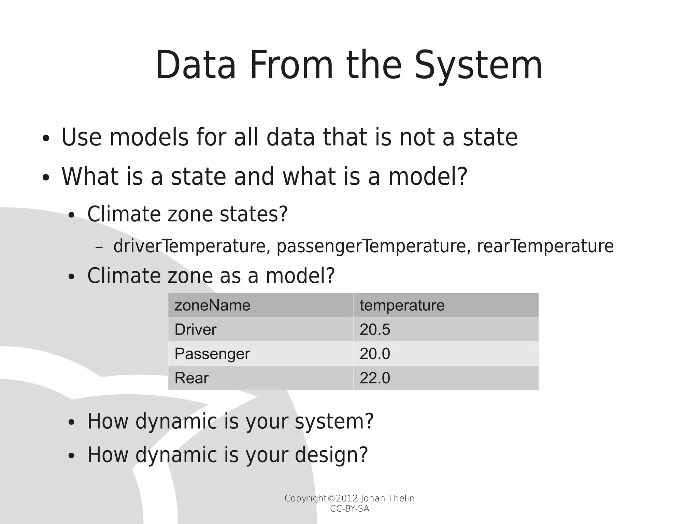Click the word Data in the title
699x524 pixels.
click(196, 66)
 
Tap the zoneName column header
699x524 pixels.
click(212, 305)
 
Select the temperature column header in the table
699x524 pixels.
click(402, 305)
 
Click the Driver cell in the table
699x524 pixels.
click(195, 330)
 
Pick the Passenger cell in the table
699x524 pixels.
click(212, 354)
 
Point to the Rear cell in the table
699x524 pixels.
click(191, 378)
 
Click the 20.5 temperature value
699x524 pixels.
click(374, 330)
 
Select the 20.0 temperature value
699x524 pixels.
click(374, 354)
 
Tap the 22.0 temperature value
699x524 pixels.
click(374, 378)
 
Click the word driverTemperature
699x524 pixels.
click(189, 246)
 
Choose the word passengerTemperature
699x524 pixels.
click(371, 246)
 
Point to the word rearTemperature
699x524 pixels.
click(545, 246)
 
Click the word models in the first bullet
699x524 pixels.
click(149, 137)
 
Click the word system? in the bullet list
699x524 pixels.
click(334, 421)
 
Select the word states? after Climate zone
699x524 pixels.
click(254, 214)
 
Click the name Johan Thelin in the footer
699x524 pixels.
click(387, 498)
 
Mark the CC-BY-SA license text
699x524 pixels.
click(349, 509)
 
